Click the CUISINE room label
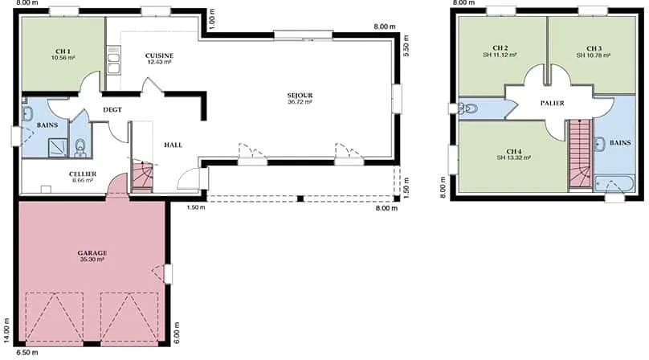tap(159, 55)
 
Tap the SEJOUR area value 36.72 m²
tap(300, 101)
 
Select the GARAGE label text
tap(92, 252)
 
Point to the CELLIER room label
tap(83, 174)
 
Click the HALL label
tap(173, 145)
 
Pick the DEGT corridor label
tap(112, 110)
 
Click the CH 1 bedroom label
tap(63, 51)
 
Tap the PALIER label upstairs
tap(552, 103)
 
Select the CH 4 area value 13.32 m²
tap(513, 157)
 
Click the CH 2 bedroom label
tap(500, 48)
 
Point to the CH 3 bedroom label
tap(594, 48)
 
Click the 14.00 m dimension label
tap(6, 330)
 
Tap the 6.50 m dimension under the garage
tap(27, 353)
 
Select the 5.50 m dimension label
tap(406, 45)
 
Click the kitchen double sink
tap(113, 60)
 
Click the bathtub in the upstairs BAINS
tap(614, 183)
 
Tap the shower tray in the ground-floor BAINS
tap(58, 148)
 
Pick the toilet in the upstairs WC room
tap(467, 108)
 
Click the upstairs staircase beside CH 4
tap(580, 153)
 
